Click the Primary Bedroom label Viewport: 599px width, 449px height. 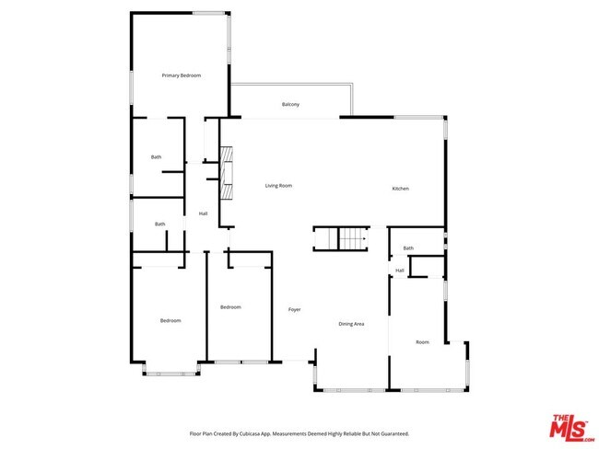[x=182, y=75]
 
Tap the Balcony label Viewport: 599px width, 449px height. [x=290, y=105]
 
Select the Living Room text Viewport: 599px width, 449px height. [x=278, y=186]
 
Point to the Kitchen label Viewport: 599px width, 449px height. [x=400, y=189]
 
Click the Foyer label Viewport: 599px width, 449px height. [x=295, y=309]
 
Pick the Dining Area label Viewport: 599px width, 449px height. [x=351, y=324]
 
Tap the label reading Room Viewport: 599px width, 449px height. [x=422, y=342]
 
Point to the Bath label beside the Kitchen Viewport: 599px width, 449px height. [x=408, y=248]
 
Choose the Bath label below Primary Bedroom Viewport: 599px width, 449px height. [x=157, y=156]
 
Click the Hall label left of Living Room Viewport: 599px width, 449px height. [x=203, y=214]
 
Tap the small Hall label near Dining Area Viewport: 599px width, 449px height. [x=400, y=271]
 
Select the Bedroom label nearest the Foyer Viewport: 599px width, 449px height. [x=230, y=306]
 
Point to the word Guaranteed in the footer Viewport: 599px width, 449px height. [x=390, y=432]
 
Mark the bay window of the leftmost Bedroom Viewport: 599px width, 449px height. [x=171, y=373]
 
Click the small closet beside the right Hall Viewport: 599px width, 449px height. [x=425, y=267]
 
